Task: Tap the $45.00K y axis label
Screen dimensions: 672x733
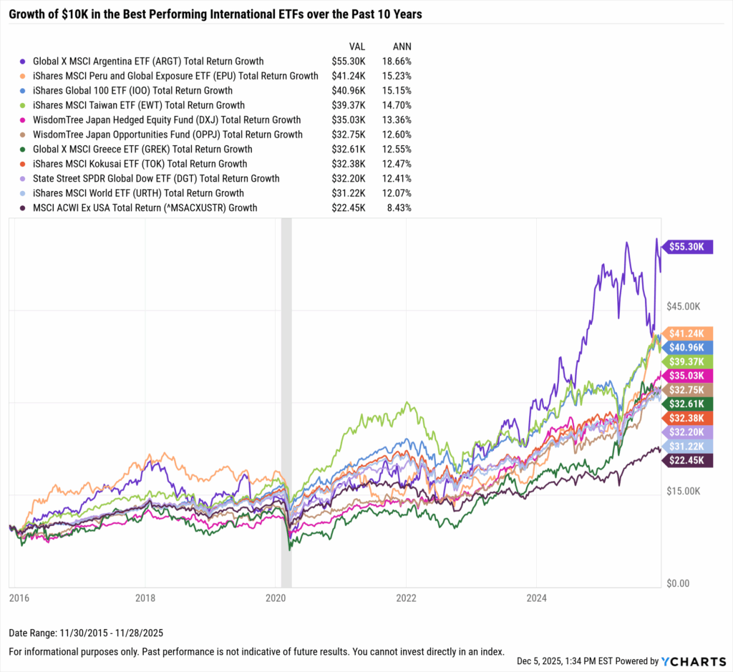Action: [x=684, y=306]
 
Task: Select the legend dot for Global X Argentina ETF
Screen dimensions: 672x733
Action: [x=24, y=62]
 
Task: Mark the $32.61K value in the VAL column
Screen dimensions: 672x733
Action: [x=349, y=150]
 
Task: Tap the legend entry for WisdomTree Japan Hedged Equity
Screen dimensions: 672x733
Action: [x=166, y=120]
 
